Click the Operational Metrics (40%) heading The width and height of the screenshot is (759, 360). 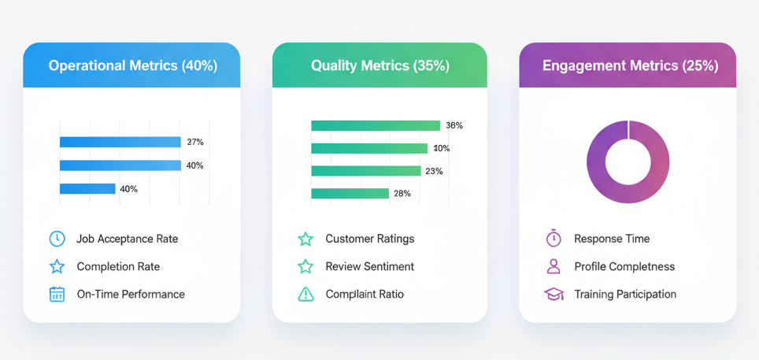click(x=132, y=66)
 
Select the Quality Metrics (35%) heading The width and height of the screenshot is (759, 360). click(x=380, y=66)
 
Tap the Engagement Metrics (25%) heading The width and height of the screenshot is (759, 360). click(x=630, y=66)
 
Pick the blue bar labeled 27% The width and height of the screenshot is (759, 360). click(x=120, y=142)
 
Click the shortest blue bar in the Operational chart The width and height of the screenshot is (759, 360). click(x=87, y=188)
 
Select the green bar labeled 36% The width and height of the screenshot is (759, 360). click(x=376, y=125)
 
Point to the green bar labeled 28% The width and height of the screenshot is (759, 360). click(x=350, y=193)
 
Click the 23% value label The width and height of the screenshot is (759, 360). click(x=434, y=171)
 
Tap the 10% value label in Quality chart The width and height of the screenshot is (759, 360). click(x=441, y=148)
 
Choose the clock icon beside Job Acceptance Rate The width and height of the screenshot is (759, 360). click(x=57, y=239)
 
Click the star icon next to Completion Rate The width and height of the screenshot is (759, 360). click(x=57, y=266)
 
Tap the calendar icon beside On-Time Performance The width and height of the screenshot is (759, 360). click(x=57, y=294)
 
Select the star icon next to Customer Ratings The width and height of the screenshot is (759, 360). click(x=305, y=239)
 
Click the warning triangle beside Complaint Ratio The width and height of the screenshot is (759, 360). click(x=306, y=294)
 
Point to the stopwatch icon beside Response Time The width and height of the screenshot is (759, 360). click(x=554, y=238)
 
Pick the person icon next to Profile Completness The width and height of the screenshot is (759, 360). click(x=554, y=266)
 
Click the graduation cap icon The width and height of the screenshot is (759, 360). click(x=554, y=294)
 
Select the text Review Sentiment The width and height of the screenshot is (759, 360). click(x=370, y=266)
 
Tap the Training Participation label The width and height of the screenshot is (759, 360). click(x=625, y=294)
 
